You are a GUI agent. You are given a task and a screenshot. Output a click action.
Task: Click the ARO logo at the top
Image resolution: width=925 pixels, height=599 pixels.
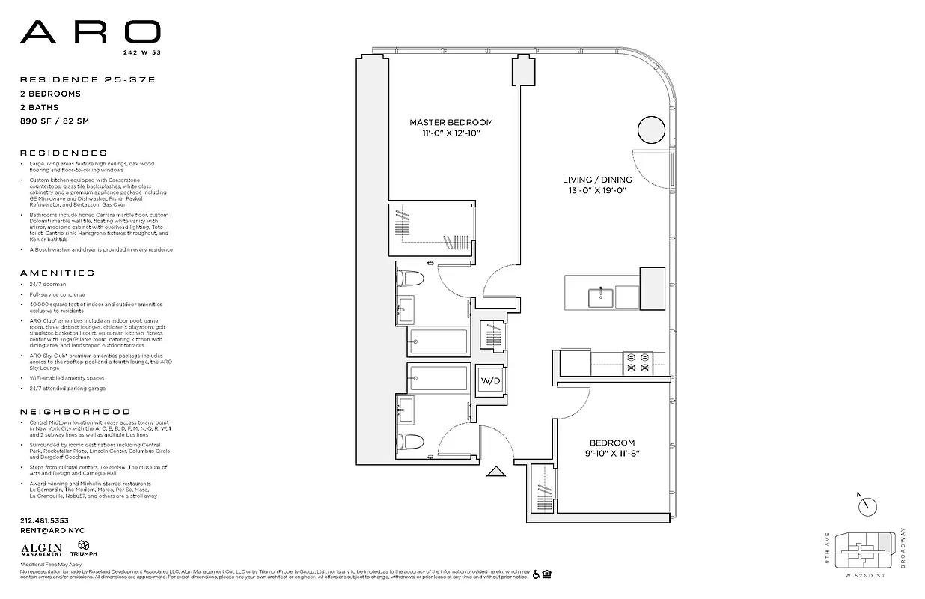click(90, 32)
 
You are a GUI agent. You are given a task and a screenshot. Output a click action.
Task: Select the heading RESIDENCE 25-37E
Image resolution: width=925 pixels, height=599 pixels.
click(70, 79)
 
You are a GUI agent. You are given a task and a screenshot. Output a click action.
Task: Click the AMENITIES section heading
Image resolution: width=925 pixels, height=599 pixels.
click(58, 273)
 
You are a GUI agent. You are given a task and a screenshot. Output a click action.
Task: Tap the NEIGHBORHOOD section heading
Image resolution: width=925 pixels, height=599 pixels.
click(75, 412)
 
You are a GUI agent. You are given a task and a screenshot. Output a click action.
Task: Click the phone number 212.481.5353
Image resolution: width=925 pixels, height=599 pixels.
click(44, 520)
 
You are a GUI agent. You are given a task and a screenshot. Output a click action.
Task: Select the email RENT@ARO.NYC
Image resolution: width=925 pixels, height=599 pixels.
click(52, 530)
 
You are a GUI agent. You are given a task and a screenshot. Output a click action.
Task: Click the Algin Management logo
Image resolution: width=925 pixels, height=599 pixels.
click(41, 550)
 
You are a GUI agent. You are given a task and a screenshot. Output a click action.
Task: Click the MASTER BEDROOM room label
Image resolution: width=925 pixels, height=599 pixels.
click(451, 122)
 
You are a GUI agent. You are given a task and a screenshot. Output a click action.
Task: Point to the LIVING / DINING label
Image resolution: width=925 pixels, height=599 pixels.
click(596, 180)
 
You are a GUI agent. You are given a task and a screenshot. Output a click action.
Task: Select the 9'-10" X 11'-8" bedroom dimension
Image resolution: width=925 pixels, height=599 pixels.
click(611, 454)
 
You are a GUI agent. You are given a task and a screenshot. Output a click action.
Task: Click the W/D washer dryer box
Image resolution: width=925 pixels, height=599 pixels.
click(490, 380)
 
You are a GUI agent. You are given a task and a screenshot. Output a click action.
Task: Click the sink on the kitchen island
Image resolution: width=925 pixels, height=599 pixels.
click(600, 297)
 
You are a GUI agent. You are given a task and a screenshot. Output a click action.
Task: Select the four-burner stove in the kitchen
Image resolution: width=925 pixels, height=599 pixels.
click(638, 363)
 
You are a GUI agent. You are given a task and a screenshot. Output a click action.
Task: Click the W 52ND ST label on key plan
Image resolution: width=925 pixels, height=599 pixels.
click(866, 576)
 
